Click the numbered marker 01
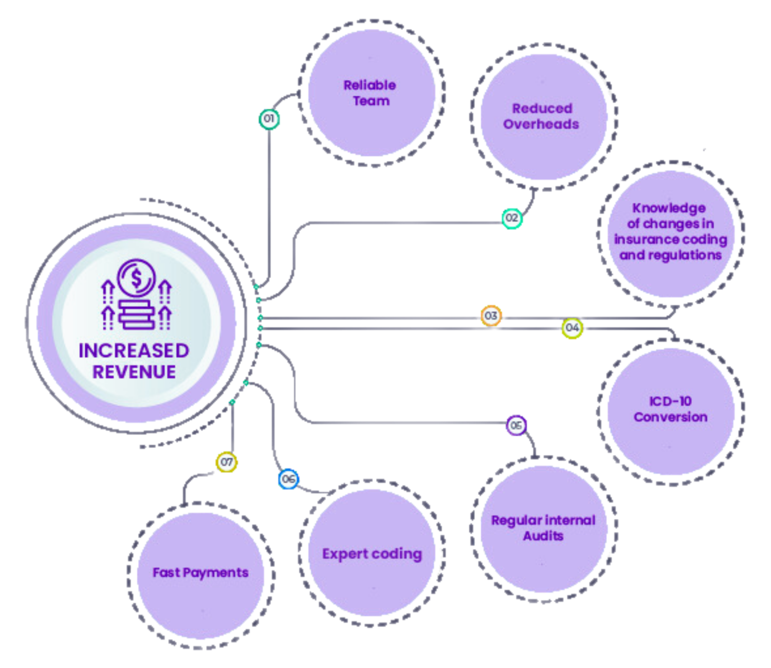tap(269, 119)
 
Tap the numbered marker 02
tap(512, 218)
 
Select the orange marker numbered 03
tap(491, 316)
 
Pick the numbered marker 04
tap(572, 328)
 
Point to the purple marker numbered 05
tap(516, 425)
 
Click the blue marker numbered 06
tap(288, 479)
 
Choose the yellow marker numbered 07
tap(226, 462)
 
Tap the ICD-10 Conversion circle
tap(670, 410)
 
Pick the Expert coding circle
tap(372, 553)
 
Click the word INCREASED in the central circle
tap(134, 350)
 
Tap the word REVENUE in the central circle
tap(134, 372)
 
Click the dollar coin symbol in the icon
tap(136, 278)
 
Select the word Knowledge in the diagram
tap(669, 208)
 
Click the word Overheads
tap(541, 124)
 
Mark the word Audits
tap(543, 536)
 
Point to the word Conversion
tap(670, 417)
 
